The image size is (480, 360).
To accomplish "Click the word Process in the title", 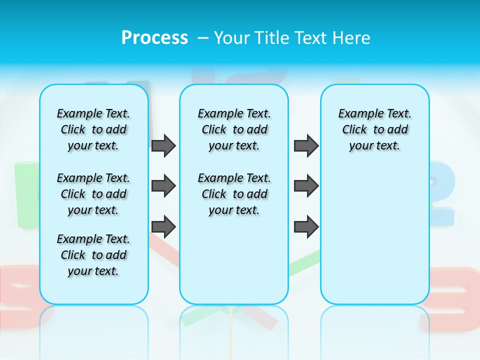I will (154, 37).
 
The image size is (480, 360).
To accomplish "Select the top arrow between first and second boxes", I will (163, 146).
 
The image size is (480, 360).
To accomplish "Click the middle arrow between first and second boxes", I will (163, 186).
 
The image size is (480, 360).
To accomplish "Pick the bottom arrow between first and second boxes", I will (163, 227).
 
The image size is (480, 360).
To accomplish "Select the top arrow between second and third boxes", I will (306, 146).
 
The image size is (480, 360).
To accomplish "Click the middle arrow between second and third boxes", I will (306, 186).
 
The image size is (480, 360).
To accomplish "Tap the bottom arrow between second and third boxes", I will (306, 227).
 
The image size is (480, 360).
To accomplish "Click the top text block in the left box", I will (93, 129).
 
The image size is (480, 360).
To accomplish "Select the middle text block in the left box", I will (93, 194).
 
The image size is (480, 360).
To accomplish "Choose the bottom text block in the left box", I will (93, 255).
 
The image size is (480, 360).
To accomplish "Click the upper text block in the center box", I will (234, 129).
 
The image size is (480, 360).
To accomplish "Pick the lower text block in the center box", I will (234, 194).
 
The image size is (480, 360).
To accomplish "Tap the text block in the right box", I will (374, 129).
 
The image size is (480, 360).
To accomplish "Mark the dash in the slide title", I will (203, 38).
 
